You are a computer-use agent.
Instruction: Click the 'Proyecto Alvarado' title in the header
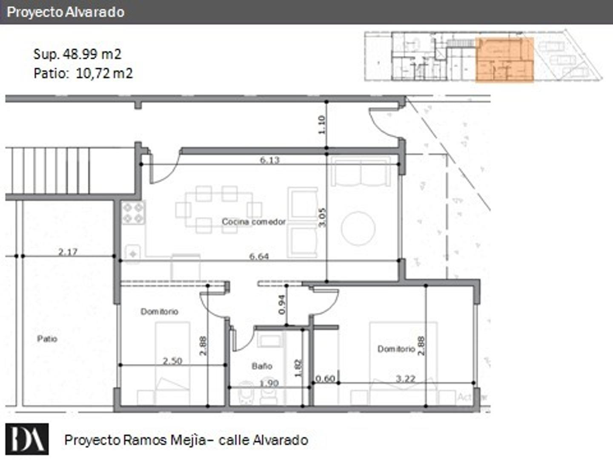coord(66,12)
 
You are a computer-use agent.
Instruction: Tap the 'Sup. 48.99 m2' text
coord(77,54)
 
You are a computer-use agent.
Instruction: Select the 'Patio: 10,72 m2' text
coord(83,73)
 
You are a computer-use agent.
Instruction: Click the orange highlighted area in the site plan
coord(504,60)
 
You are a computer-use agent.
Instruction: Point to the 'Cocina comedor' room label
coord(254,222)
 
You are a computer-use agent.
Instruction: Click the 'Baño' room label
coord(261,366)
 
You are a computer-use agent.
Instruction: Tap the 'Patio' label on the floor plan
coord(47,339)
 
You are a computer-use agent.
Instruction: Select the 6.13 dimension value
coord(269,160)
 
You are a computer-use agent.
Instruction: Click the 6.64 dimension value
coord(259,256)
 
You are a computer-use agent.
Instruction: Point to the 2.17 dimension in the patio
coord(68,252)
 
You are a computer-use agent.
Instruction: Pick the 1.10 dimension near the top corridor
coord(321,125)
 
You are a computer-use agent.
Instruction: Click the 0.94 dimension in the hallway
coord(281,305)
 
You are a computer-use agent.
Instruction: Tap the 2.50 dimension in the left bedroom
coord(172,361)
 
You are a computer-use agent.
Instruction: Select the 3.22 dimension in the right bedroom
coord(405,378)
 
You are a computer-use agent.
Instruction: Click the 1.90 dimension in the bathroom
coord(269,383)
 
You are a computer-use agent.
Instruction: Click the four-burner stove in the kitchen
coord(133,213)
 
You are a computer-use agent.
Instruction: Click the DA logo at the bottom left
coord(27,439)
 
